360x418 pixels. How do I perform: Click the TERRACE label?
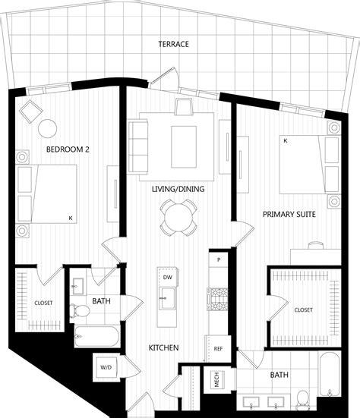coord(173,44)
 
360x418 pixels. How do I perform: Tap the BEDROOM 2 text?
coord(68,149)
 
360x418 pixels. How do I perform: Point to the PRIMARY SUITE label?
coord(289,215)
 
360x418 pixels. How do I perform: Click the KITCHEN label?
coord(163,347)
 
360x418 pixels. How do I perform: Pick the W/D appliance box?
coord(105,367)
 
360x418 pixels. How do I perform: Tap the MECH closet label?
coord(216,379)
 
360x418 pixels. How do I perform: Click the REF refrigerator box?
coord(218,348)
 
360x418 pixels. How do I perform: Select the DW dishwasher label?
coord(167,278)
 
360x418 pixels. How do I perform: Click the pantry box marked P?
coord(219,260)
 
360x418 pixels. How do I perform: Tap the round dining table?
coord(179,217)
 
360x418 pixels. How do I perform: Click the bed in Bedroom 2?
coord(47,193)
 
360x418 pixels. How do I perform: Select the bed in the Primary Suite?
coord(308,167)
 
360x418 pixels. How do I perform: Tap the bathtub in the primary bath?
coord(330,374)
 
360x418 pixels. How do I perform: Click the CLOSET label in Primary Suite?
coord(303,310)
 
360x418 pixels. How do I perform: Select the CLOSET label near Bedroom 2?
coord(43,303)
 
